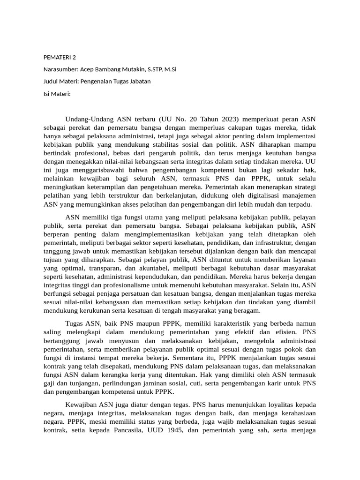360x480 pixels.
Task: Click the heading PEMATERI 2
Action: [60, 58]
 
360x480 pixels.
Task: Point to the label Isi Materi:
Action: [57, 93]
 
